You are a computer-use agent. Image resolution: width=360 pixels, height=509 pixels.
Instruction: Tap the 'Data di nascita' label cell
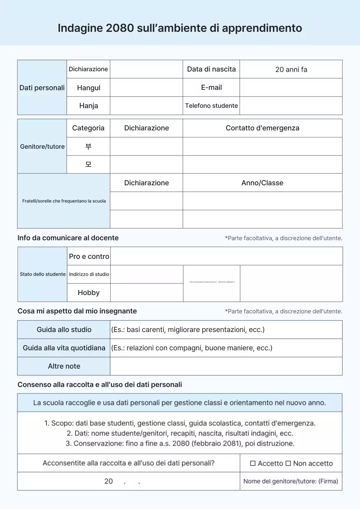[211, 69]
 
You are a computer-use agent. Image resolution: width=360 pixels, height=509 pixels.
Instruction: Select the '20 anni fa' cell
[291, 69]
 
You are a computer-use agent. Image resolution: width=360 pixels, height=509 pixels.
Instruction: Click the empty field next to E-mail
[291, 87]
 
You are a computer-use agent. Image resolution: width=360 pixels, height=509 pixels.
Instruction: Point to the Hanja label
[88, 106]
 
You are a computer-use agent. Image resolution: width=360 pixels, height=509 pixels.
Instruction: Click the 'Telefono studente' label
[211, 106]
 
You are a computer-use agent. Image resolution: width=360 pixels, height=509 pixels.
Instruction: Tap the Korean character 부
[88, 146]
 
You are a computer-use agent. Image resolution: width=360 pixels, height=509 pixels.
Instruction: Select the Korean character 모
[88, 165]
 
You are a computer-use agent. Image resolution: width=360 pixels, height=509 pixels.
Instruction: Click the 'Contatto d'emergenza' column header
[262, 128]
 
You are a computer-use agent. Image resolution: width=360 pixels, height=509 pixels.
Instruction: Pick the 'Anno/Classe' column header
[262, 183]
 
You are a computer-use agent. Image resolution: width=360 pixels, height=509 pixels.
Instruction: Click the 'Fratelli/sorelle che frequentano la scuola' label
[64, 201]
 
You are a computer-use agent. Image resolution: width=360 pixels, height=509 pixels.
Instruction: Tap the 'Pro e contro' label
[89, 256]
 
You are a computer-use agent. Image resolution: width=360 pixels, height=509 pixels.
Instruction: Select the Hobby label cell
[89, 293]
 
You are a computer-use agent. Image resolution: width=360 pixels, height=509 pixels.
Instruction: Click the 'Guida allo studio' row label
[64, 330]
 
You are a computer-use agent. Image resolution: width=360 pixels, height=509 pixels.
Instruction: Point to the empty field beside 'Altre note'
[226, 366]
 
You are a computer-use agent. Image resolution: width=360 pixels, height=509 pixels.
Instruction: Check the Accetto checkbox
[253, 464]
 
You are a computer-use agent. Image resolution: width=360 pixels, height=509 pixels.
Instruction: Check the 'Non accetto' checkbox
[288, 464]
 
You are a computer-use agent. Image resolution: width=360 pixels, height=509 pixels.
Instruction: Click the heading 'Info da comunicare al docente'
[68, 238]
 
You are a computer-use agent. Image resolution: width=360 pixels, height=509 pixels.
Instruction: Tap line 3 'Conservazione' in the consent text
[180, 443]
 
